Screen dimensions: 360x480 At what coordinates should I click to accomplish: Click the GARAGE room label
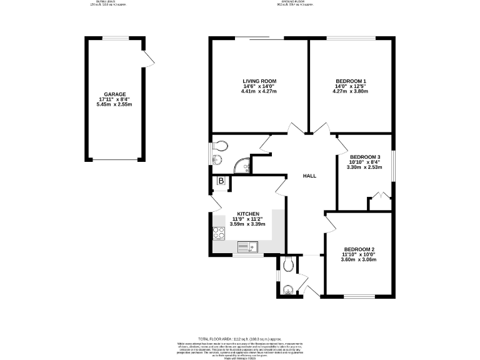click(115, 94)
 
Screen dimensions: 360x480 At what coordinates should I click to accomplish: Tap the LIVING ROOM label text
click(259, 81)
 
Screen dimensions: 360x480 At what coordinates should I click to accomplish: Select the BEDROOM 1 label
click(351, 81)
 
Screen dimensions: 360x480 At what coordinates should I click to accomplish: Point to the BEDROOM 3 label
click(365, 157)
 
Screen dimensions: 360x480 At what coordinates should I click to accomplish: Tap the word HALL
click(309, 176)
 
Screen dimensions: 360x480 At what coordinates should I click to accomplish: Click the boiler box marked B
click(221, 181)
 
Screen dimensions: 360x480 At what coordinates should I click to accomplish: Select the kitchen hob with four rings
click(219, 233)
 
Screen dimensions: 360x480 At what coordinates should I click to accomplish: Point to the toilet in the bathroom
click(220, 146)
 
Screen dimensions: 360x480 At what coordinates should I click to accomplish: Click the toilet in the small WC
click(287, 265)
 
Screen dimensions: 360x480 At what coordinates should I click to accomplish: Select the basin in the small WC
click(287, 289)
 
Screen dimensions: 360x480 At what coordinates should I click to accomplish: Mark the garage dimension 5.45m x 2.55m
click(115, 104)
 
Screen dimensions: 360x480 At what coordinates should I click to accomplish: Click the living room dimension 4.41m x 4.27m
click(259, 92)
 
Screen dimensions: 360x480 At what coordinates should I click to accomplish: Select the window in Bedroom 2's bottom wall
click(358, 296)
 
